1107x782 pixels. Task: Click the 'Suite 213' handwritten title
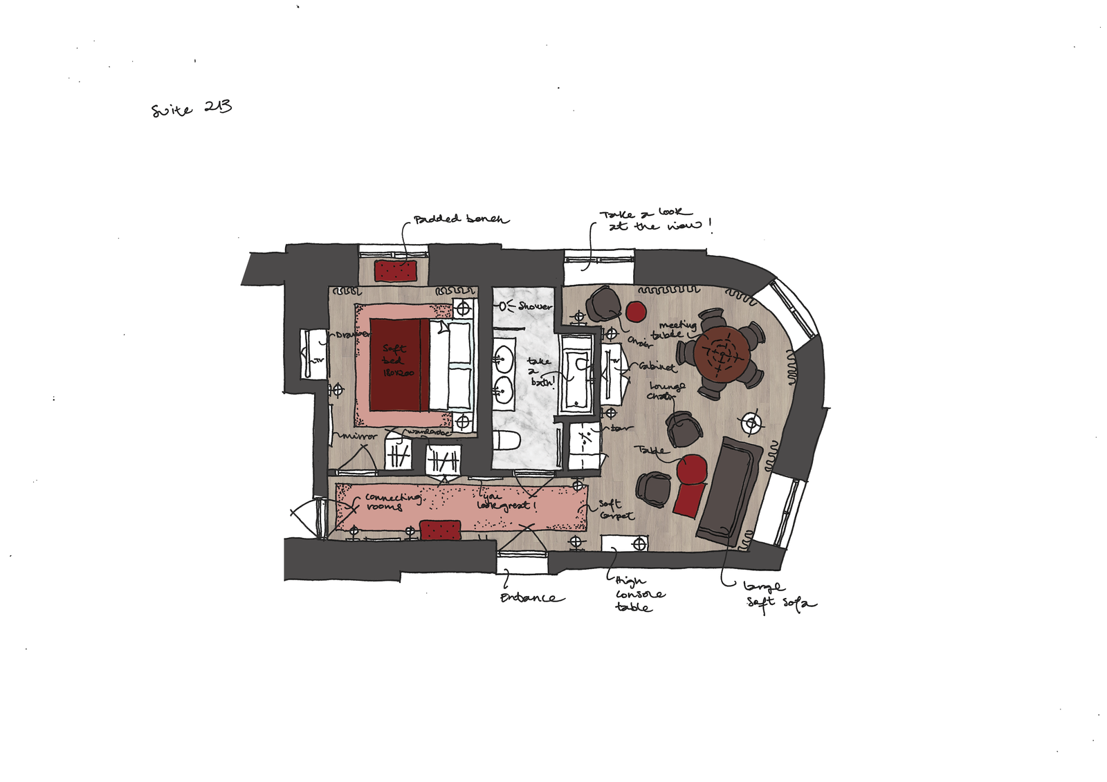coord(192,109)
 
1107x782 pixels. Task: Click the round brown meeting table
coord(722,355)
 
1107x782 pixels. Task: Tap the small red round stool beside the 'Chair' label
coord(636,311)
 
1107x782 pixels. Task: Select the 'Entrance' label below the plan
coord(532,597)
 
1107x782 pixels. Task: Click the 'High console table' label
coord(638,594)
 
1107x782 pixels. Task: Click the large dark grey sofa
coord(731,490)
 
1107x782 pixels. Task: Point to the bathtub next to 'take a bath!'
coord(576,373)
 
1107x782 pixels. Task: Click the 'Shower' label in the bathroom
coord(535,306)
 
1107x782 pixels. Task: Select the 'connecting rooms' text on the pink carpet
coord(391,501)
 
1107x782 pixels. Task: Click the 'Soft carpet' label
coord(614,510)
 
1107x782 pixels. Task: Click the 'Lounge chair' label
coord(666,391)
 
